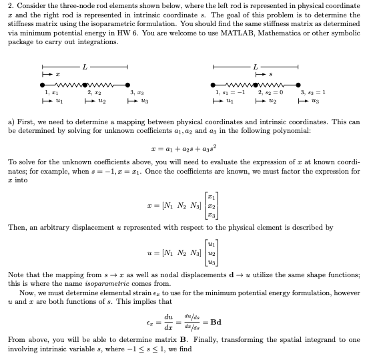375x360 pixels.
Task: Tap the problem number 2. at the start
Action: [x=11, y=5]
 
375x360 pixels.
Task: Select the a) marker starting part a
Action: [x=11, y=122]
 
